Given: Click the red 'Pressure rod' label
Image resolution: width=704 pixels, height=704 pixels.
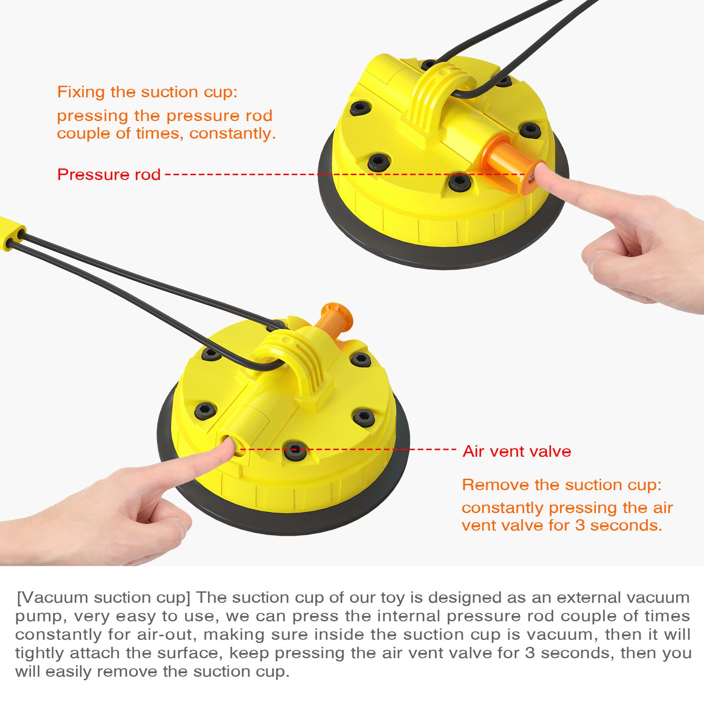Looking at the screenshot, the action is click(x=109, y=175).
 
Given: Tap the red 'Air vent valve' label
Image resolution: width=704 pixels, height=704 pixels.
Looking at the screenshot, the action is click(x=517, y=451).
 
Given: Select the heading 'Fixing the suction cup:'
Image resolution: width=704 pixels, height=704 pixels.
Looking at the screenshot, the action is click(x=147, y=92).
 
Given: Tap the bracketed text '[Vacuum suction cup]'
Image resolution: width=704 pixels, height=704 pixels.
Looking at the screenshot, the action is click(x=103, y=598).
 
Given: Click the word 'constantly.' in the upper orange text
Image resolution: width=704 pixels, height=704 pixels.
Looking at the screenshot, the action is click(x=232, y=133).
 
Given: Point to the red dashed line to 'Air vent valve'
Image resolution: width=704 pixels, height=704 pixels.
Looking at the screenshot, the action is click(x=348, y=449).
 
